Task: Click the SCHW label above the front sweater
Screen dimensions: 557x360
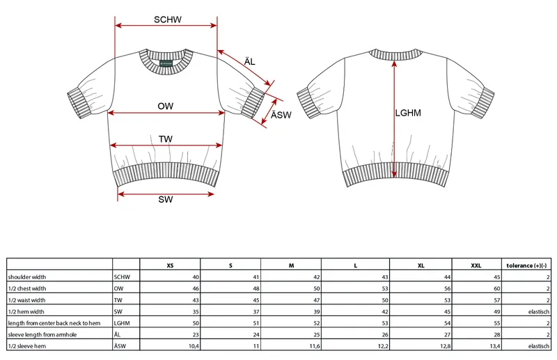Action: pos(168,19)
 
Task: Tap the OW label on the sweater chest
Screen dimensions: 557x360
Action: pos(166,107)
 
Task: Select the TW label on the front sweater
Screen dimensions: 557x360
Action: pos(166,139)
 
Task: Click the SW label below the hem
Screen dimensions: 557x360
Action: pos(166,199)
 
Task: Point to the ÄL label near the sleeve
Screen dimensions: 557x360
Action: pos(250,61)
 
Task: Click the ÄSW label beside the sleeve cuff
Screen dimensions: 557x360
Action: pos(281,115)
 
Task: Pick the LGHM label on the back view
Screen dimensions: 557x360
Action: pos(408,113)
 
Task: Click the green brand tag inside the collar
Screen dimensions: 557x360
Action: pos(166,63)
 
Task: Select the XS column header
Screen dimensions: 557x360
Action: pos(170,265)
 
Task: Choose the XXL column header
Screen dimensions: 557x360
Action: pos(476,265)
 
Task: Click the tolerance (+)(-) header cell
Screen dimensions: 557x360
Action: pos(526,265)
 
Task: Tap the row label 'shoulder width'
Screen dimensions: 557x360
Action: pos(27,277)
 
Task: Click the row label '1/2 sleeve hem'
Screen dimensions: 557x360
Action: pos(27,346)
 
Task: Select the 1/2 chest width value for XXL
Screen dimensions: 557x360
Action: pos(496,288)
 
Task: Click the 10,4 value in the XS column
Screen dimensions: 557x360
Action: pos(194,346)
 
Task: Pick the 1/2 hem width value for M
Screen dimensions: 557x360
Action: pos(317,312)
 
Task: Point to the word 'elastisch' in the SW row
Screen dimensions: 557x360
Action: pos(539,312)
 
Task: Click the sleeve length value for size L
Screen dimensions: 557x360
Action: pos(385,335)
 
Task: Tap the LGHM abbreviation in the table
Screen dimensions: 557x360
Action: pos(122,323)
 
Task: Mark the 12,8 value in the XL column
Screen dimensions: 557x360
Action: pos(445,346)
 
